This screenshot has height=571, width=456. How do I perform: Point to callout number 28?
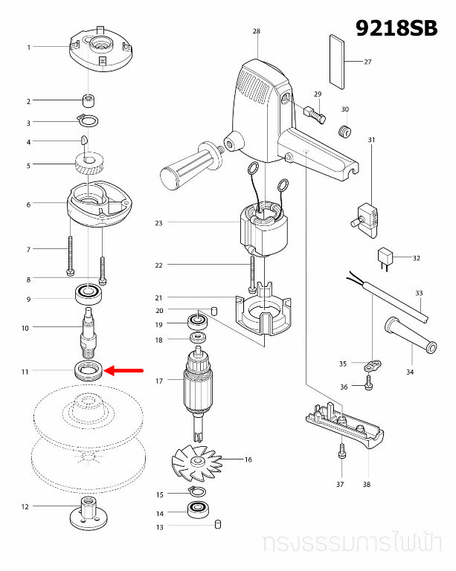pyautogui.click(x=257, y=31)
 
